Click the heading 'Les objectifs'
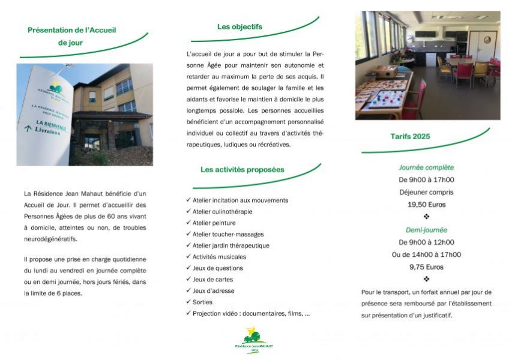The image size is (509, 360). [x=239, y=27]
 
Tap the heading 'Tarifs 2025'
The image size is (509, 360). [x=410, y=137]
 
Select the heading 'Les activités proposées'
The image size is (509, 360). [x=242, y=170]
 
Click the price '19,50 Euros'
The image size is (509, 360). [x=426, y=205]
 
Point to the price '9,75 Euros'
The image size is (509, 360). [x=426, y=267]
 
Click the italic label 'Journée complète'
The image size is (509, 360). [x=426, y=167]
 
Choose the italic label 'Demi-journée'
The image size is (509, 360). [x=426, y=230]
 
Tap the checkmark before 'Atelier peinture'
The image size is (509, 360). [x=188, y=223]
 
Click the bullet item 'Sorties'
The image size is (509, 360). [x=202, y=302]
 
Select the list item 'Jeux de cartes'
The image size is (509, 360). [x=212, y=280]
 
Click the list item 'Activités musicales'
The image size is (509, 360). [x=219, y=257]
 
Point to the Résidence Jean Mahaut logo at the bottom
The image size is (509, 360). [x=254, y=340]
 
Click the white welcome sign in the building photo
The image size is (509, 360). [x=45, y=114]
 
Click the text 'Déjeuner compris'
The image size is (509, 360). [x=426, y=192]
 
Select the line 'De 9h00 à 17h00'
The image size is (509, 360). [x=426, y=179]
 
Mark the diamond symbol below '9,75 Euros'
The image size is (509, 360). [x=426, y=279]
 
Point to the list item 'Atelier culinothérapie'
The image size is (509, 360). [x=222, y=212]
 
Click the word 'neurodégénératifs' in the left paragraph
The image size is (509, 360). [x=50, y=239]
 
